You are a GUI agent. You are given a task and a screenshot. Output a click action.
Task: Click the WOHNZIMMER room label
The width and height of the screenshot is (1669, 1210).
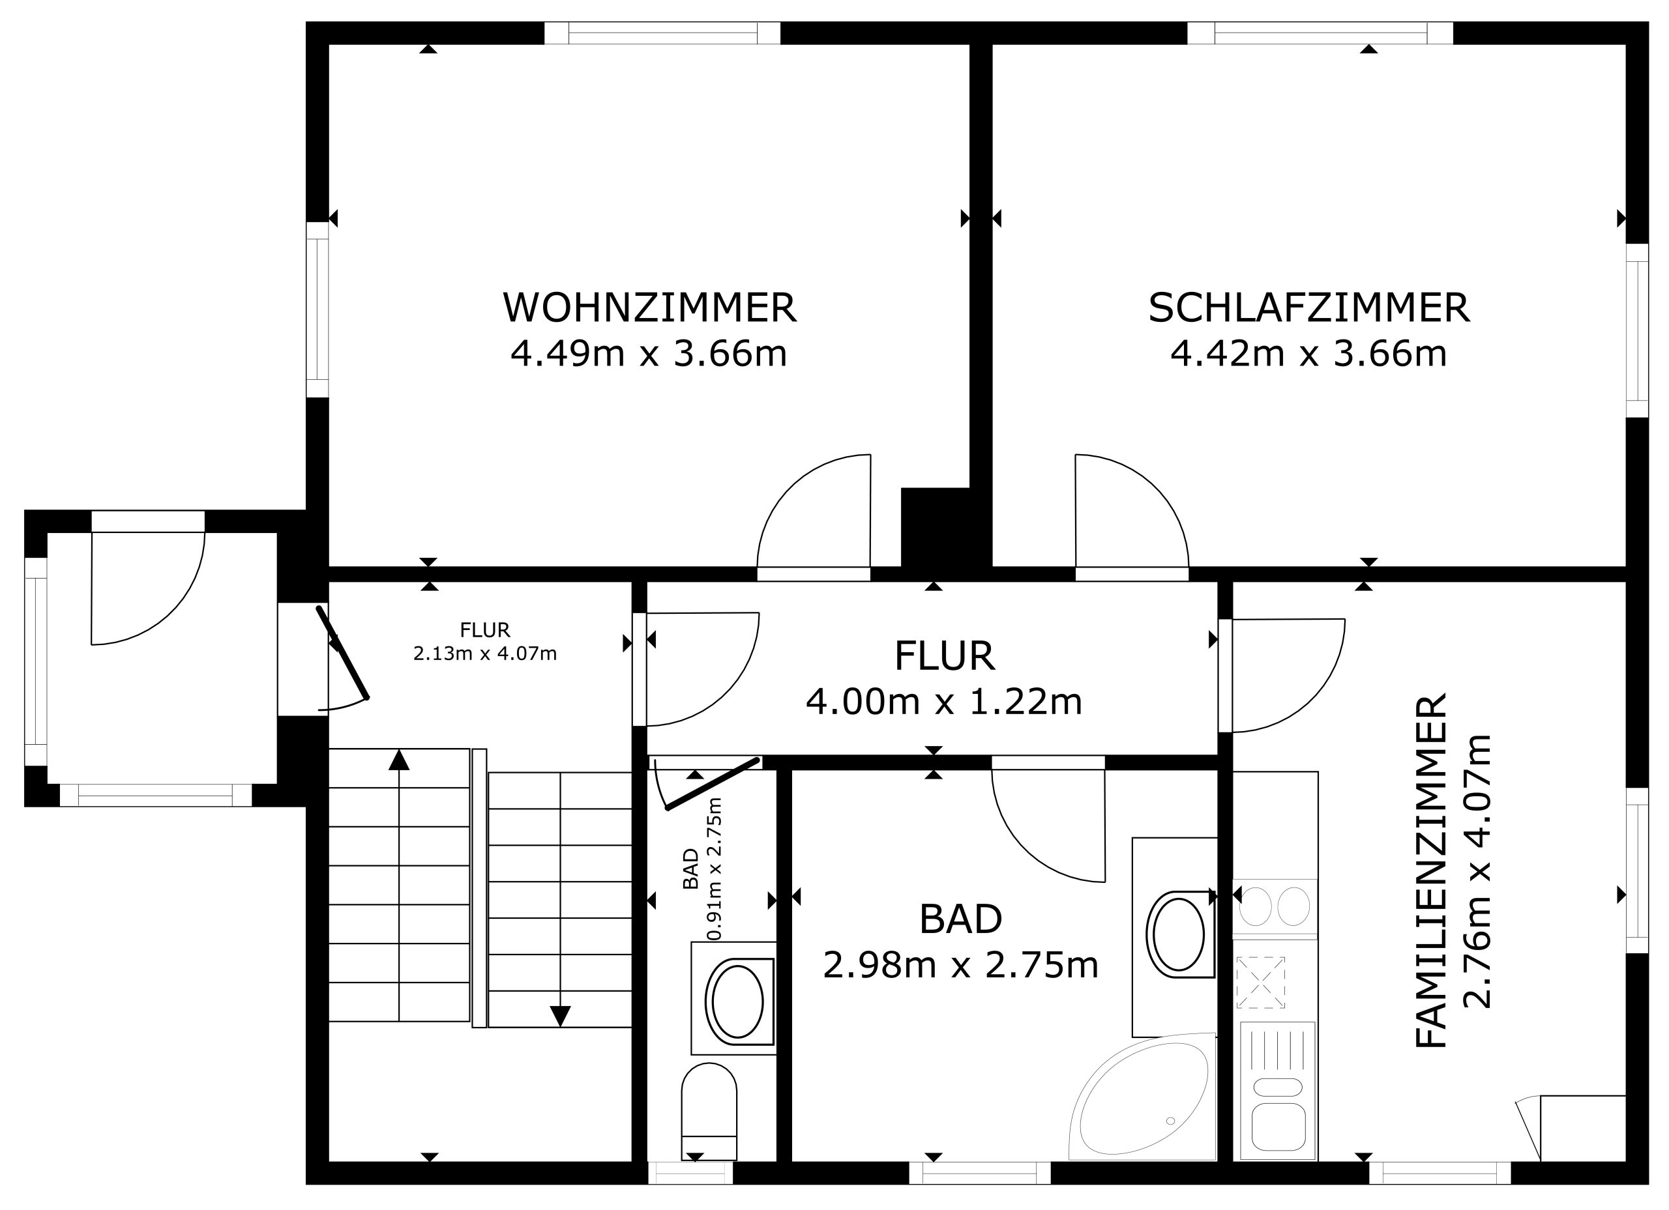[649, 308]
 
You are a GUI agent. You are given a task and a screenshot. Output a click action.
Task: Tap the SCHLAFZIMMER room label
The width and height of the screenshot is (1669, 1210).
[1309, 308]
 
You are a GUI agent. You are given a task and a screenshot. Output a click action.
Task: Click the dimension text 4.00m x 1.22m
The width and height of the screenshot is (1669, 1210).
[944, 702]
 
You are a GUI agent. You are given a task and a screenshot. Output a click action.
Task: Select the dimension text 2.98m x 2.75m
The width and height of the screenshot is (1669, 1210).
[960, 965]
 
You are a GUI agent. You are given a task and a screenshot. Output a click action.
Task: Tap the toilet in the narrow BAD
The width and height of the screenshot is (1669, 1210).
[709, 1112]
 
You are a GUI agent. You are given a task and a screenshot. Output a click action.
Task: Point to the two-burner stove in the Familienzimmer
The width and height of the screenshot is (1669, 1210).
[1275, 906]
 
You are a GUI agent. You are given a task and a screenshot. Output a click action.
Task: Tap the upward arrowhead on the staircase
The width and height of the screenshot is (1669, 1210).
[399, 760]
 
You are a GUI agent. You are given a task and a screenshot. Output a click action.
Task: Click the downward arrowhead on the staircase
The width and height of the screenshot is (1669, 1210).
[560, 1016]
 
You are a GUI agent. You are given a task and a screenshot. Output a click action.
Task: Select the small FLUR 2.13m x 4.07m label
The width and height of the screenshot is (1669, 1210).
[485, 641]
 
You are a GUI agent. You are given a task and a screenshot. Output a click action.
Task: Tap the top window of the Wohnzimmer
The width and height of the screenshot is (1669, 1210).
[662, 33]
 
